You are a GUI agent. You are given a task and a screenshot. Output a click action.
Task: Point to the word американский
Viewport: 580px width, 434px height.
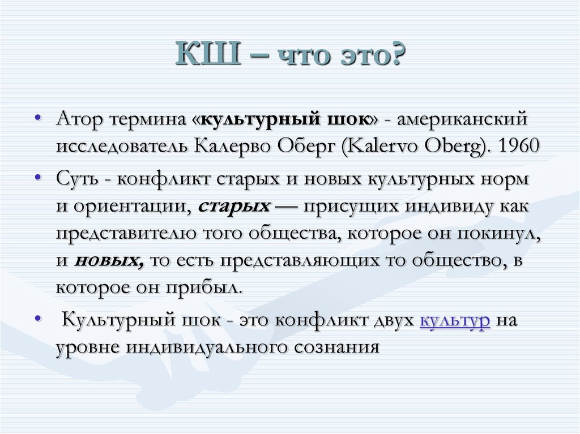click(463, 120)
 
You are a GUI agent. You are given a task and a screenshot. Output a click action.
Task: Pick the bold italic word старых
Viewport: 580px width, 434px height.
click(234, 205)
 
